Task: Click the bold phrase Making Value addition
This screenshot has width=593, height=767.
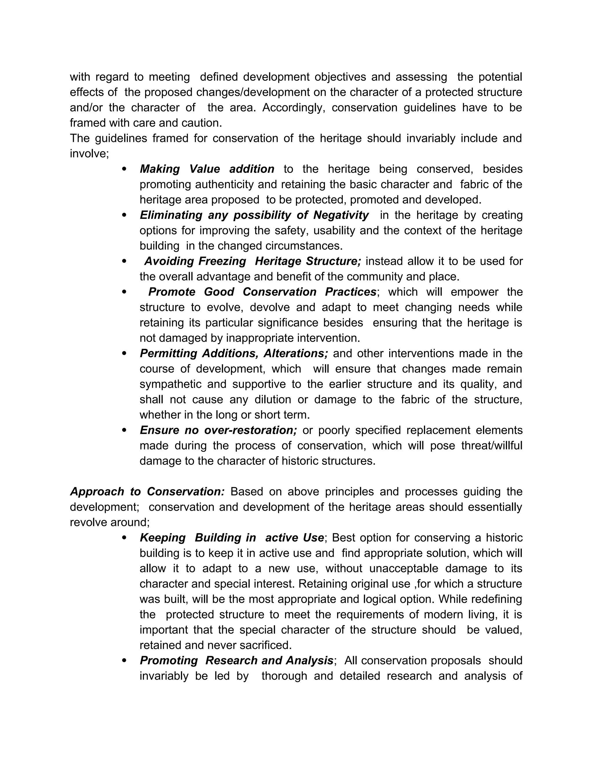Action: point(207,169)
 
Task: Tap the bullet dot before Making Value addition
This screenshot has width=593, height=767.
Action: point(124,169)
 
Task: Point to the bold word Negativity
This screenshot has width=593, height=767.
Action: point(341,215)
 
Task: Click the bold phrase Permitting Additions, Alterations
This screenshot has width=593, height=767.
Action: point(234,354)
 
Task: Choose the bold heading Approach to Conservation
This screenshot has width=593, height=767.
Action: point(147,492)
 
